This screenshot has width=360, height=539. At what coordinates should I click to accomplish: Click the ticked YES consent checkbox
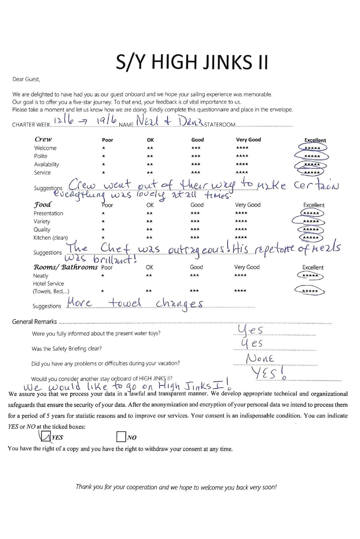46,437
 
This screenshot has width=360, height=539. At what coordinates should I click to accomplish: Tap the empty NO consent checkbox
121,437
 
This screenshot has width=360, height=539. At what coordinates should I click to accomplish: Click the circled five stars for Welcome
312,148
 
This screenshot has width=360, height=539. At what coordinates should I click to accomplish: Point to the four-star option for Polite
242,156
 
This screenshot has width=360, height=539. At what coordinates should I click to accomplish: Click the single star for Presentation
103,213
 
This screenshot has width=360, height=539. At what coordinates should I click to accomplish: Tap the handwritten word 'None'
260,358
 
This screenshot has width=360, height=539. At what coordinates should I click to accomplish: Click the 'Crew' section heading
43,139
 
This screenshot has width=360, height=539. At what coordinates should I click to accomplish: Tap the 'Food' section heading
42,205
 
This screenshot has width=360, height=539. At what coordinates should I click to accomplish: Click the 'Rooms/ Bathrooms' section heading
65,267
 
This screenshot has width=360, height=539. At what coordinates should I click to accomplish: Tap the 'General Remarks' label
34,322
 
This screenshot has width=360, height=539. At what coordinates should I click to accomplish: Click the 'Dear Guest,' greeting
26,79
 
